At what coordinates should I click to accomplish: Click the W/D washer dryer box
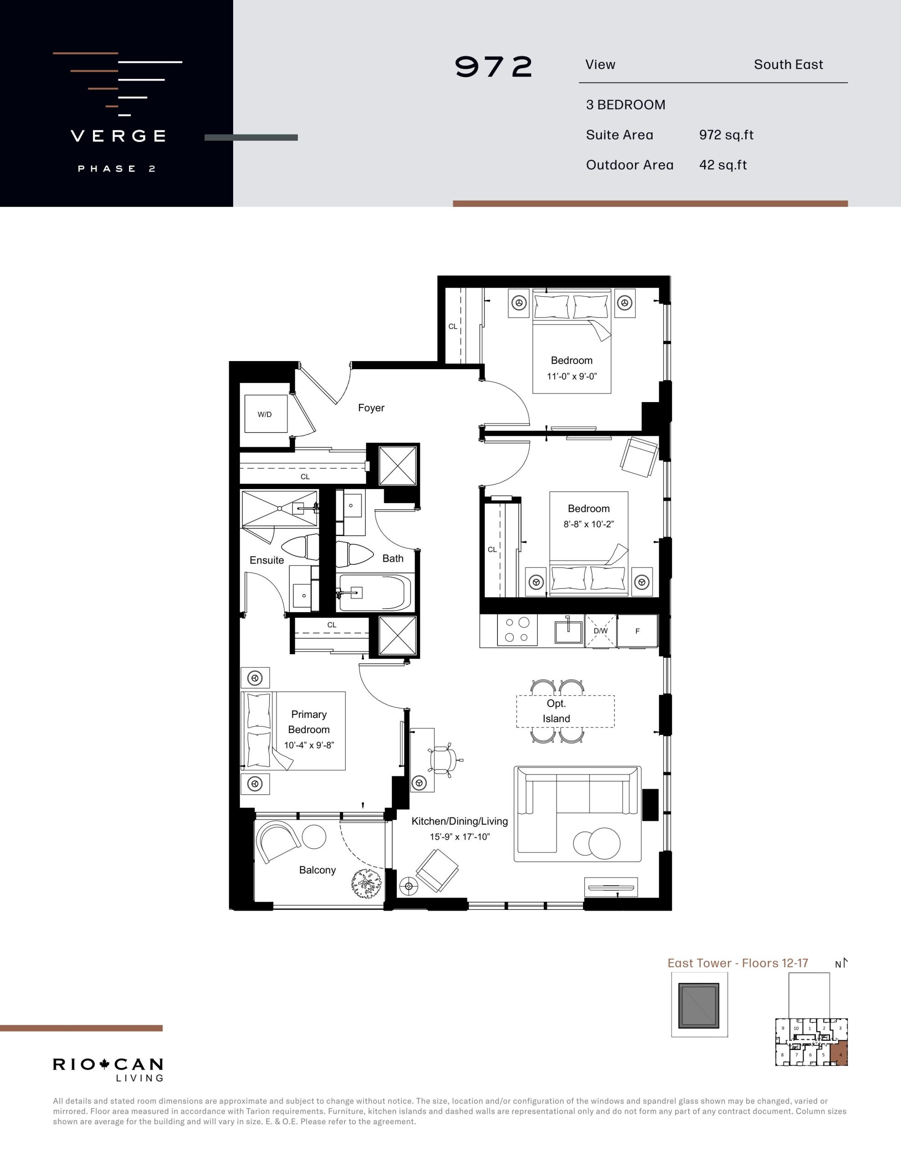[x=266, y=413]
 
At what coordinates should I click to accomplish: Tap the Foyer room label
[x=371, y=408]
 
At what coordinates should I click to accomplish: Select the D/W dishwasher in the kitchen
[x=601, y=631]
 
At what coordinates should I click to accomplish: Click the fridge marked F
[x=637, y=631]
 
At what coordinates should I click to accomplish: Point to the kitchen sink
[x=568, y=630]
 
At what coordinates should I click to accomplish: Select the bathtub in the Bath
[x=375, y=592]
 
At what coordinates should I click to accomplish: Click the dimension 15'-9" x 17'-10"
[x=459, y=837]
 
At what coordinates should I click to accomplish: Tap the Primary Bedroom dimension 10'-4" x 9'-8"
[x=309, y=745]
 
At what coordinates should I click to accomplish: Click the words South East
[x=788, y=65]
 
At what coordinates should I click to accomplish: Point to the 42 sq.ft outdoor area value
[x=722, y=165]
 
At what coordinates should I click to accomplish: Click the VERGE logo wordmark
[x=118, y=136]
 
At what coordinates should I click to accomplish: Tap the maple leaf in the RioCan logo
[x=104, y=1064]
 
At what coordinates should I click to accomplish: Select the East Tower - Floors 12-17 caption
[x=737, y=963]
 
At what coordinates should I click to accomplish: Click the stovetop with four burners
[x=517, y=630]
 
